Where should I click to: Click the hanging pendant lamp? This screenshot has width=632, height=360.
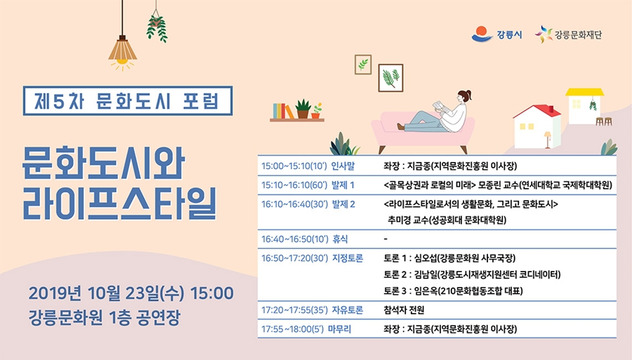click(122, 48)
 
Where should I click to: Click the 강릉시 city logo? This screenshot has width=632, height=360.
click(496, 34)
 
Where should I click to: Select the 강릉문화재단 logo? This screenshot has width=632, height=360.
click(568, 34)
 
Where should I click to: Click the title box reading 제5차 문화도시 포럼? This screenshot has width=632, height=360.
click(128, 100)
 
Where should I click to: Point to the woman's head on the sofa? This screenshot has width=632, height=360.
click(464, 97)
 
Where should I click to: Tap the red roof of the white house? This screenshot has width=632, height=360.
click(538, 111)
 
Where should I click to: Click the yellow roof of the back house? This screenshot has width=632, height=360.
click(584, 92)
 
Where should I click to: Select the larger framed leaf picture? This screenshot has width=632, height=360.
click(390, 78)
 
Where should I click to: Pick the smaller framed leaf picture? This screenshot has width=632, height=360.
click(363, 65)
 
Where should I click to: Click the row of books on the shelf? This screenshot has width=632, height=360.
click(283, 111)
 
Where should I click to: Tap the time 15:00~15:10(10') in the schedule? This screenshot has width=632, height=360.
click(294, 166)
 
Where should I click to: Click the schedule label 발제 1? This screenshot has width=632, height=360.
click(343, 185)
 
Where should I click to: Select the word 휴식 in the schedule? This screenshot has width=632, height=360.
click(340, 239)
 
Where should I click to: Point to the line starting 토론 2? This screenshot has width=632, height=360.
click(472, 274)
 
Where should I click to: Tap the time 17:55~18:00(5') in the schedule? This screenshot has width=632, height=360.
click(293, 329)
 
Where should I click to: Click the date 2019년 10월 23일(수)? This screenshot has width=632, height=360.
click(107, 293)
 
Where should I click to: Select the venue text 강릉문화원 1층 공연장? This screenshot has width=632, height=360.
click(104, 318)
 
